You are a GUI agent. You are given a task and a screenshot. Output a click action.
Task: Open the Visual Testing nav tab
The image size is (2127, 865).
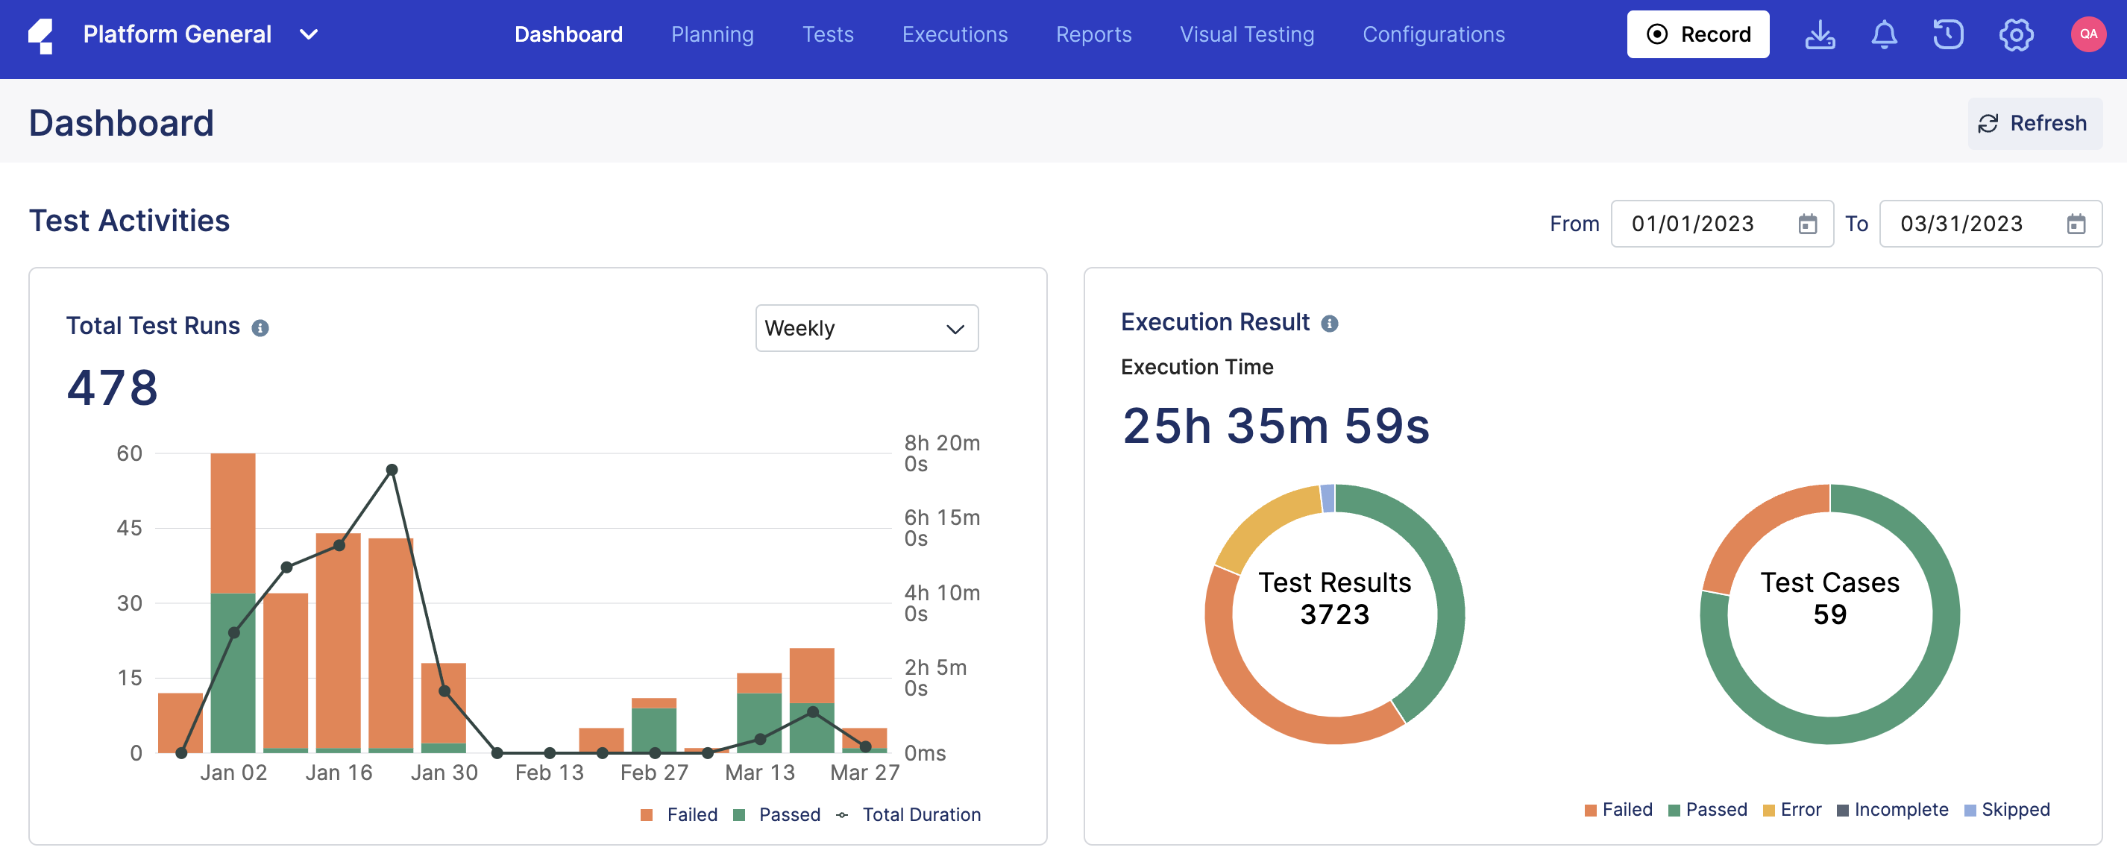point(1246,34)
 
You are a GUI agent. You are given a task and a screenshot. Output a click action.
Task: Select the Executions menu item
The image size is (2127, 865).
point(954,34)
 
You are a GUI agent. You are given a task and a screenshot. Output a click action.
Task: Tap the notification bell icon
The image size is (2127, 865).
point(1883,34)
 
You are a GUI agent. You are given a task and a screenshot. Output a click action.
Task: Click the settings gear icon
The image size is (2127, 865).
point(2016,34)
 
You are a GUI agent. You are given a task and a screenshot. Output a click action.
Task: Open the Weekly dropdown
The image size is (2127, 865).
point(866,329)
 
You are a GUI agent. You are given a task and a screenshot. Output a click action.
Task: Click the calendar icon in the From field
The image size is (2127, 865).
point(1808,224)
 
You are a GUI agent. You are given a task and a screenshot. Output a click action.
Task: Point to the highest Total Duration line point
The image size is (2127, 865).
point(392,470)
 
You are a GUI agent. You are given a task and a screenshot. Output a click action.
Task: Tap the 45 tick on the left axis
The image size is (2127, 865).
point(130,528)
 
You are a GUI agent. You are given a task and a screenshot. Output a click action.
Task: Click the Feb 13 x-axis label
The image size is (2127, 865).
point(549,773)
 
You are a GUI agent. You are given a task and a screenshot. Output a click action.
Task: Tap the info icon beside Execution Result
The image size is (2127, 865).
point(1329,324)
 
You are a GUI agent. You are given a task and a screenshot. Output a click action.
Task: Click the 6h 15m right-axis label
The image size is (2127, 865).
point(940,527)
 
